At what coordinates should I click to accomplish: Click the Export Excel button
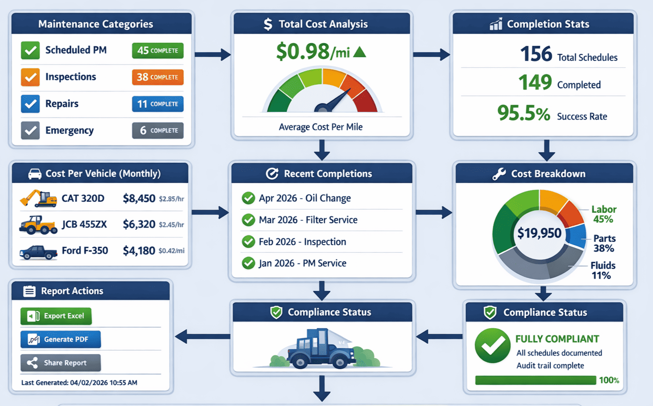tap(56, 316)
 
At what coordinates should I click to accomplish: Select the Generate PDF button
tap(60, 339)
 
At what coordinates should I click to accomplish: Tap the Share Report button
tap(60, 363)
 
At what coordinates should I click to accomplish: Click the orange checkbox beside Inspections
tap(30, 77)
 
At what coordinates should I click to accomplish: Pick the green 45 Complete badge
tap(158, 50)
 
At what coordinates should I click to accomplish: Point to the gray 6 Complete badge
tap(158, 130)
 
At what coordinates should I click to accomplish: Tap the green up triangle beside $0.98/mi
tap(359, 52)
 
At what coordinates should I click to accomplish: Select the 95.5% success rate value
tap(523, 113)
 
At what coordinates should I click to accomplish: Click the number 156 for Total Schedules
tap(536, 54)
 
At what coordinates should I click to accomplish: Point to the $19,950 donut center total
tap(539, 233)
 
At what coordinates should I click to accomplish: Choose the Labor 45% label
tap(604, 214)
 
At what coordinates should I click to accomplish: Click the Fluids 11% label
tap(603, 270)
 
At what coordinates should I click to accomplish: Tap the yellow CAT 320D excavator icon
tap(38, 199)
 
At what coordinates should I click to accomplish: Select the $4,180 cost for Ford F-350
tap(139, 251)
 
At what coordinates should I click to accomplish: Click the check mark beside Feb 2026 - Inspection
tap(248, 241)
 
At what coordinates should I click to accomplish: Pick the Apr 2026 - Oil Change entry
tap(304, 198)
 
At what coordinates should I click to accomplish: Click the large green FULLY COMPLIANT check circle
tap(492, 346)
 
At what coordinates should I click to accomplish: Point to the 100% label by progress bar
tap(609, 380)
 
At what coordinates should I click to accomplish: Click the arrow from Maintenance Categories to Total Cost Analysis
tap(213, 55)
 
